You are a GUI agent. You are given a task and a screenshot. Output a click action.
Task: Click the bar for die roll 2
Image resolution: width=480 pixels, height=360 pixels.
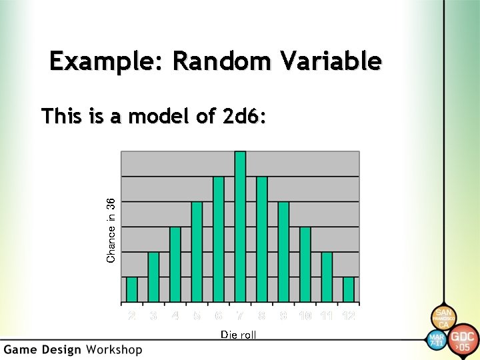tap(132, 289)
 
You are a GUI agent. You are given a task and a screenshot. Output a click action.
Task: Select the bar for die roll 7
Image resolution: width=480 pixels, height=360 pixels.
tap(240, 227)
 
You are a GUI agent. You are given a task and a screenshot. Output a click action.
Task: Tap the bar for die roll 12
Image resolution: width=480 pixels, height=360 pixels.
tap(349, 289)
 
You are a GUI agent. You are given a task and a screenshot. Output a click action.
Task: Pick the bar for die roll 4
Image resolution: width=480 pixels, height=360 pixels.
tap(175, 264)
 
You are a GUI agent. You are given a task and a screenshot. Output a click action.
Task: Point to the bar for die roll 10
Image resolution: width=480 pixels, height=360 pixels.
tap(305, 264)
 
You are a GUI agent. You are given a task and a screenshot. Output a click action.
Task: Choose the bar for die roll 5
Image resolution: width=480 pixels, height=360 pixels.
tap(197, 251)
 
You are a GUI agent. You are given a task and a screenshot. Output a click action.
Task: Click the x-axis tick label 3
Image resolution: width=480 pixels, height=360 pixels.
tap(153, 315)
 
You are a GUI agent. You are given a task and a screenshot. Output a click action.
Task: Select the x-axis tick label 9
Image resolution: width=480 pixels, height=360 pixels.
tap(283, 315)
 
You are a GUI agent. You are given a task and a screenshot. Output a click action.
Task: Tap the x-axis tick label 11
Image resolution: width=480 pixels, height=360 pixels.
tap(327, 315)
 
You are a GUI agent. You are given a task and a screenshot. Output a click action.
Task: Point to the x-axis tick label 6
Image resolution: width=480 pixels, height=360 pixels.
tap(218, 315)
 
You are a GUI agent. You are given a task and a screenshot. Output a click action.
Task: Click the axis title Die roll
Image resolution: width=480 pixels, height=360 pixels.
tap(238, 335)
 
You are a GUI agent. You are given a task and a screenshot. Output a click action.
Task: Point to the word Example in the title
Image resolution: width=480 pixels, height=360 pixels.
tap(107, 61)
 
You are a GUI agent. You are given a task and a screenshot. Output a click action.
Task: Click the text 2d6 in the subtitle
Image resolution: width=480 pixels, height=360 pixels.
tap(243, 117)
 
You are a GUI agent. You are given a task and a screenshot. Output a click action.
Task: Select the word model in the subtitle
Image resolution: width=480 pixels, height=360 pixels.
tap(157, 117)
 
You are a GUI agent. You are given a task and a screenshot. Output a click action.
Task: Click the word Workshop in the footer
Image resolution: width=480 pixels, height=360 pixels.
tap(113, 349)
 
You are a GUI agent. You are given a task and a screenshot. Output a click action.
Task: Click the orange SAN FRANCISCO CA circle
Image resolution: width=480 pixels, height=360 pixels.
tap(443, 317)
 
